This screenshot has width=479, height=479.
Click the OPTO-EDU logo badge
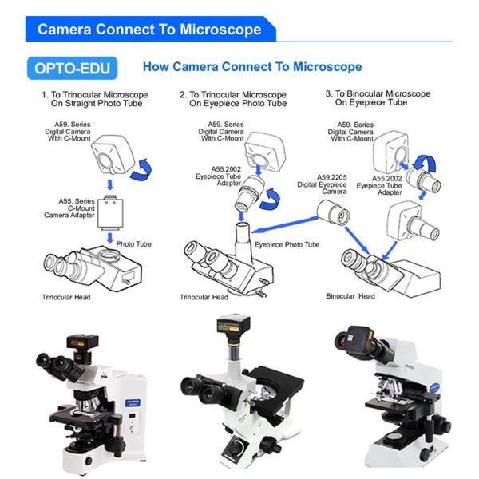(72, 68)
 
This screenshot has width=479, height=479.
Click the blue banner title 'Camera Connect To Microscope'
(149, 30)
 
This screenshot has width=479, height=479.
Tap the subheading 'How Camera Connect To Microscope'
(252, 67)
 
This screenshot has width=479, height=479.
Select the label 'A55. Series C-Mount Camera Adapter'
(69, 208)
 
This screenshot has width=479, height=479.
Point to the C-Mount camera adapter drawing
(110, 212)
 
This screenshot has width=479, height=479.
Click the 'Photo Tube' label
(134, 244)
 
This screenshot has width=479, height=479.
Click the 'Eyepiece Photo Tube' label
(287, 245)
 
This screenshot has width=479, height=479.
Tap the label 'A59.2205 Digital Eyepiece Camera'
(322, 184)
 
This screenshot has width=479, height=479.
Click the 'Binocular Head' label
(350, 296)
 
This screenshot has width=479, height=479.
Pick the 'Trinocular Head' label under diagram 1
(66, 297)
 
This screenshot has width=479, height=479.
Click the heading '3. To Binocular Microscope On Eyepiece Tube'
(378, 97)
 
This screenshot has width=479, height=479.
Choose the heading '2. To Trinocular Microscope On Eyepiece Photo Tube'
(233, 99)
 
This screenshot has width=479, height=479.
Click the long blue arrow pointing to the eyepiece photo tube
(285, 224)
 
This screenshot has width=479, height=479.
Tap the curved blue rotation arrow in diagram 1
(141, 169)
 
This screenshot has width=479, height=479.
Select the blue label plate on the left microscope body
(133, 402)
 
